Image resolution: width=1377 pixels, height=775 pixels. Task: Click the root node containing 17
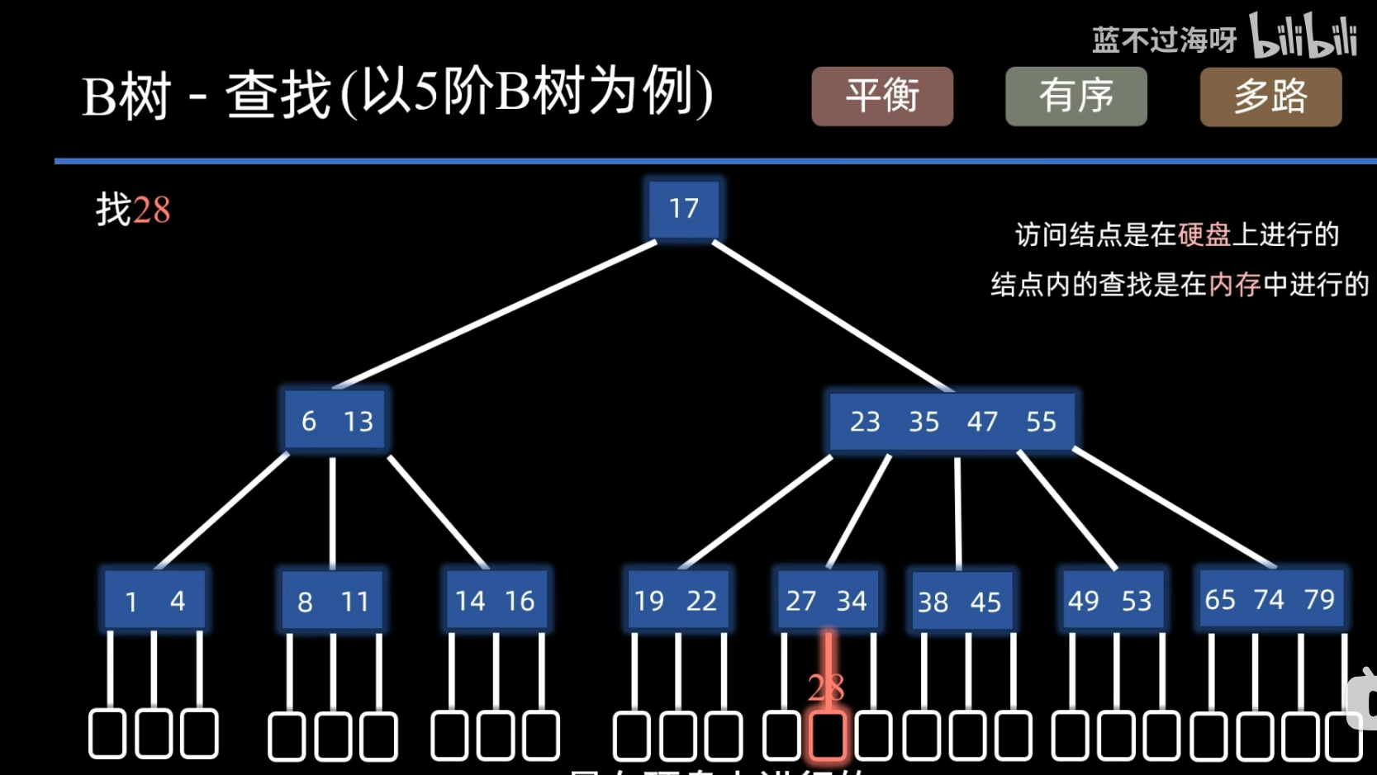tap(683, 208)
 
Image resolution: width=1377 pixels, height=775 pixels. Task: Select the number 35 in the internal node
tap(924, 422)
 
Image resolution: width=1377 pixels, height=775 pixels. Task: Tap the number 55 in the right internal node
tap(1041, 422)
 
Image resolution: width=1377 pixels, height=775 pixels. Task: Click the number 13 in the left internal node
tap(358, 422)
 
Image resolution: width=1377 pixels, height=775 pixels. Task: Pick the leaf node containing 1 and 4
tap(154, 600)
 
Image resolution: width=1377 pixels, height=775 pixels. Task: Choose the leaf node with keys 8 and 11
tap(332, 601)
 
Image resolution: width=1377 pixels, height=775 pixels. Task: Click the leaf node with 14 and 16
tap(495, 600)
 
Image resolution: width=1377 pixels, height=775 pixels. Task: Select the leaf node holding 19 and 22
tap(676, 600)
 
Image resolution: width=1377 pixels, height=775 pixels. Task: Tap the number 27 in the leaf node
tap(800, 601)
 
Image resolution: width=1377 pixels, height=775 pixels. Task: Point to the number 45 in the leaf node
tap(985, 603)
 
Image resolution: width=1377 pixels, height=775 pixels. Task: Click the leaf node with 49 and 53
tap(1109, 600)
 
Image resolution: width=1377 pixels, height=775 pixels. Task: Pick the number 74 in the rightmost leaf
tap(1269, 598)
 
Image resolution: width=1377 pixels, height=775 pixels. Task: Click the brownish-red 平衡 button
tap(882, 97)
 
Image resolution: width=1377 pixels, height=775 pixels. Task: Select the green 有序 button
tap(1075, 97)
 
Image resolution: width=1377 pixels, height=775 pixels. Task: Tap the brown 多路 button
tap(1270, 97)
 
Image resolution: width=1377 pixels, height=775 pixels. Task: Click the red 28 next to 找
tap(151, 210)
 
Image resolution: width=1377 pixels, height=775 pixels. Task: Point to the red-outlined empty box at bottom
tap(827, 735)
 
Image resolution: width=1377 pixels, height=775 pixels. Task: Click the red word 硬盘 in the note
tap(1204, 235)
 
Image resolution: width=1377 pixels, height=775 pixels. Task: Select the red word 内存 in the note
tap(1234, 285)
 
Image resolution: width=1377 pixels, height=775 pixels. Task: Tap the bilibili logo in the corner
tap(1303, 36)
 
